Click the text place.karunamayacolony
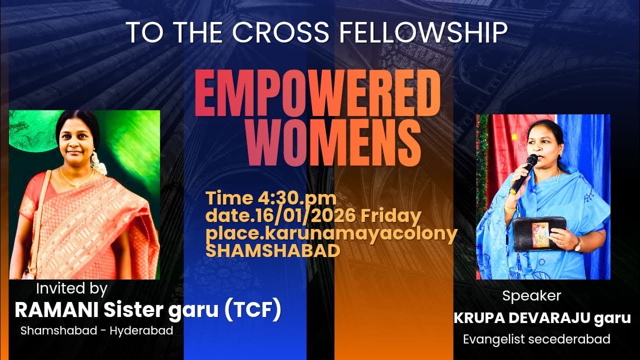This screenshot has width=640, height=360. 331,233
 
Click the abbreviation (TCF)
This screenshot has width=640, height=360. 252,310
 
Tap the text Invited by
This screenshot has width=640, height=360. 71,288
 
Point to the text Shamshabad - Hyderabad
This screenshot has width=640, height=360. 96,330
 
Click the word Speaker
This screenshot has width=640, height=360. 531,295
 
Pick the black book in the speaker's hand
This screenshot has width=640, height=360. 539,233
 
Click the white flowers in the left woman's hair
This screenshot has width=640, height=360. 98,162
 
